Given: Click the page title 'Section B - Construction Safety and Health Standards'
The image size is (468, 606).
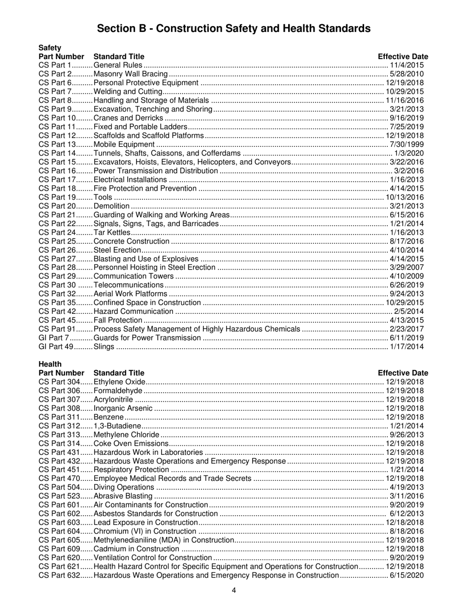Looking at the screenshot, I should [234, 29].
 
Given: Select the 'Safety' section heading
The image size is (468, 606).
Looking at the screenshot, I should [50, 48].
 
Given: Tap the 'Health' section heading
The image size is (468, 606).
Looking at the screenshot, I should [50, 364].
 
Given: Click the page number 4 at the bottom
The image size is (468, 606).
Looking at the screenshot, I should [234, 591].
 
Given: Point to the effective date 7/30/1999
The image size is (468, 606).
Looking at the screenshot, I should [406, 144].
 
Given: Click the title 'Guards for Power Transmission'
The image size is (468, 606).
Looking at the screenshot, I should [147, 338].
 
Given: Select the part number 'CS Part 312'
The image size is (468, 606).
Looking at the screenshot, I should [59, 426].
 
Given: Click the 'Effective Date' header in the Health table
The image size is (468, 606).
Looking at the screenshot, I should [403, 373].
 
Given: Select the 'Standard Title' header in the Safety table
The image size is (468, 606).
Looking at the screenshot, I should [119, 57].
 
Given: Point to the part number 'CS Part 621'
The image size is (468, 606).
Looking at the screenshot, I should [59, 567].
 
